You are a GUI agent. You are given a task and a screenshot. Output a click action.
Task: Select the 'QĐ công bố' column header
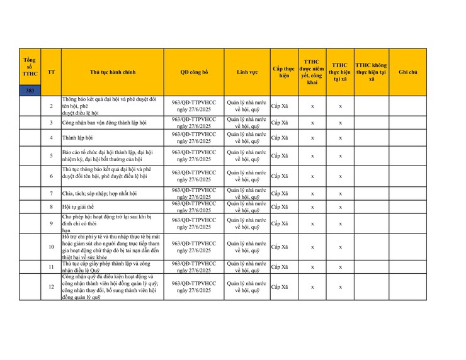pyautogui.click(x=194, y=72)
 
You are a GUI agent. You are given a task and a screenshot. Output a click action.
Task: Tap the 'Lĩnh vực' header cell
pyautogui.click(x=247, y=72)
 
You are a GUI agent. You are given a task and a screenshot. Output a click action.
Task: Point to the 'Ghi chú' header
pyautogui.click(x=407, y=72)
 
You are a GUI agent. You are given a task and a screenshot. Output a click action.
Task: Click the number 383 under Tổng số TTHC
pyautogui.click(x=30, y=91)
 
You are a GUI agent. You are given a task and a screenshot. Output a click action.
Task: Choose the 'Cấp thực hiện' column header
pyautogui.click(x=283, y=72)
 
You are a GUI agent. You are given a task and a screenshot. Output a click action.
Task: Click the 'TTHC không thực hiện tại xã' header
pyautogui.click(x=372, y=72)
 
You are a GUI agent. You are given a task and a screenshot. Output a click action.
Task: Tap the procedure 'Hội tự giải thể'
pyautogui.click(x=77, y=207)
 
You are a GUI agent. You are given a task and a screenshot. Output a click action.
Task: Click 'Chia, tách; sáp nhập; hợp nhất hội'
pyautogui.click(x=100, y=193)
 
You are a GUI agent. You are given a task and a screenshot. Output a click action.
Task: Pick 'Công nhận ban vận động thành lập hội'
pyautogui.click(x=104, y=122)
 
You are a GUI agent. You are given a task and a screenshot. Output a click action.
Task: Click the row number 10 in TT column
pyautogui.click(x=51, y=247)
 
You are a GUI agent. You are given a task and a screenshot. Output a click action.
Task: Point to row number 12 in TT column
pyautogui.click(x=51, y=287)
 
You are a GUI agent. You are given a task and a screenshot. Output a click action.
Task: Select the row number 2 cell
pyautogui.click(x=51, y=106)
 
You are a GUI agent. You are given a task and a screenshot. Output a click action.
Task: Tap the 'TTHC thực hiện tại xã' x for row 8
pyautogui.click(x=340, y=207)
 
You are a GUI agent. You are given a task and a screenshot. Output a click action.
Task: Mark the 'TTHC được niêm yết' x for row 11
pyautogui.click(x=312, y=267)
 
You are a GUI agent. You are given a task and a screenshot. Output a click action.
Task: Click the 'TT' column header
pyautogui.click(x=51, y=72)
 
